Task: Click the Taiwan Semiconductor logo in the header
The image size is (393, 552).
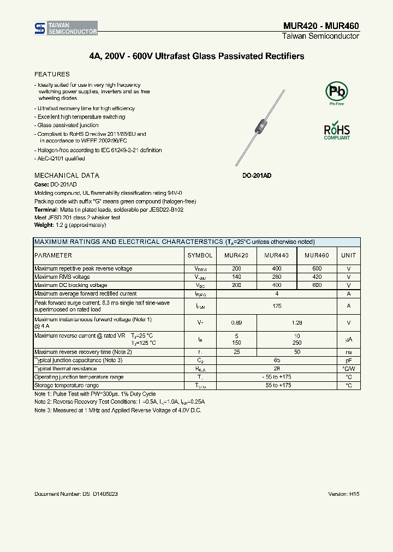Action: tap(66, 29)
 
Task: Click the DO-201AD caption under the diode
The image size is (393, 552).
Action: tap(257, 176)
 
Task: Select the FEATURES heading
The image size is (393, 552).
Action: tap(52, 74)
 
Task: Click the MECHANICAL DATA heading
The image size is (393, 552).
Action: tap(67, 176)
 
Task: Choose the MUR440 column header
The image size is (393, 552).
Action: tap(276, 255)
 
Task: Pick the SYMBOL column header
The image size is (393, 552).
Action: tap(200, 255)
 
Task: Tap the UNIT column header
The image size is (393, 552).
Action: tap(348, 255)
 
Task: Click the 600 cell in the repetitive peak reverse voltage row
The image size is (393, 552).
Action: tap(317, 269)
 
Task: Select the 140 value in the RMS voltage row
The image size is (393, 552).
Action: tap(236, 277)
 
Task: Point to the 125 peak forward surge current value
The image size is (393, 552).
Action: tap(277, 306)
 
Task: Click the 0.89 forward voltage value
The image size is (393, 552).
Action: tap(236, 323)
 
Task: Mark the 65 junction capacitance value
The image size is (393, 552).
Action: tap(277, 361)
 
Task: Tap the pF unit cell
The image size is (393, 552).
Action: tap(348, 361)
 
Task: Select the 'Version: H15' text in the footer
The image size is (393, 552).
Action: tap(344, 494)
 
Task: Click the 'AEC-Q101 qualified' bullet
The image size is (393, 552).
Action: tap(61, 159)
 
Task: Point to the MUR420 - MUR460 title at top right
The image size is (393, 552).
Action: tap(321, 26)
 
